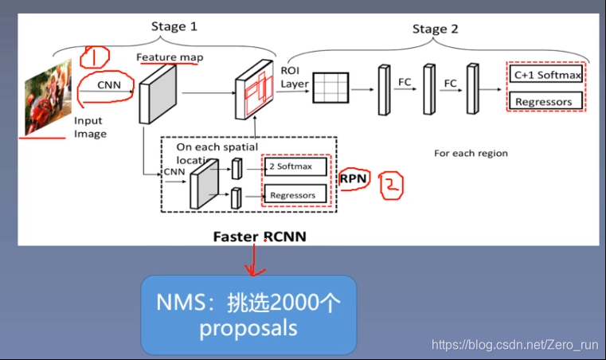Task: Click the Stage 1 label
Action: click(x=174, y=26)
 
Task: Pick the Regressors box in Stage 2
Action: click(x=545, y=102)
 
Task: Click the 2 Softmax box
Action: click(x=296, y=166)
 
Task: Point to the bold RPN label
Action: click(x=353, y=179)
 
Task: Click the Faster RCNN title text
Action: click(x=259, y=237)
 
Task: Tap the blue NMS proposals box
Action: click(x=248, y=315)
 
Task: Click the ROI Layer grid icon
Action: click(x=332, y=87)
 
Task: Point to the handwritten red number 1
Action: click(x=95, y=57)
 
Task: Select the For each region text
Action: click(x=471, y=153)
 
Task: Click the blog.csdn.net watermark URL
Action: click(x=514, y=345)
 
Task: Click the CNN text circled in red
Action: click(x=108, y=84)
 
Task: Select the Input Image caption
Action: click(x=90, y=127)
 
